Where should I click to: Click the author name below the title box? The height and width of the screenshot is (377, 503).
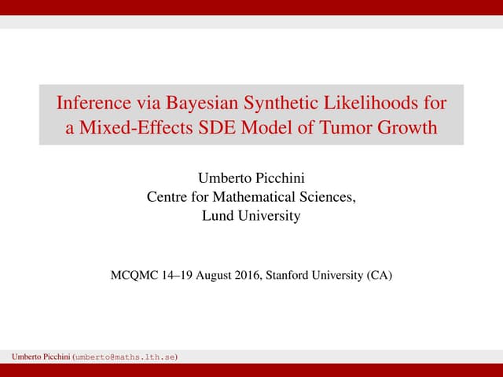point(251,178)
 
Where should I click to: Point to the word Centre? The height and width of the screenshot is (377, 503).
point(168,196)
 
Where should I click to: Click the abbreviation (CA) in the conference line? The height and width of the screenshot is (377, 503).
point(379,276)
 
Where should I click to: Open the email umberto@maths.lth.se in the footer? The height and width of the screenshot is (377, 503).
point(124,357)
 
